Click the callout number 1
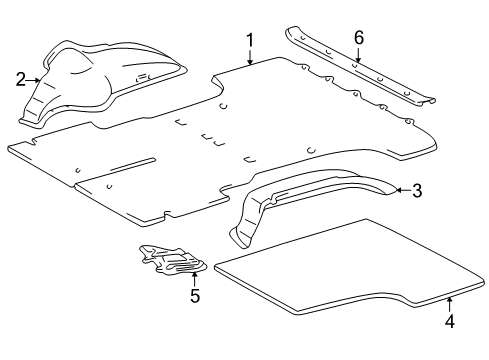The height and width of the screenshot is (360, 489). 249,40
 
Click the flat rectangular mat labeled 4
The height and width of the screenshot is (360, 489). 330,275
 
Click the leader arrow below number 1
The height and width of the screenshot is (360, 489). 249,57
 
